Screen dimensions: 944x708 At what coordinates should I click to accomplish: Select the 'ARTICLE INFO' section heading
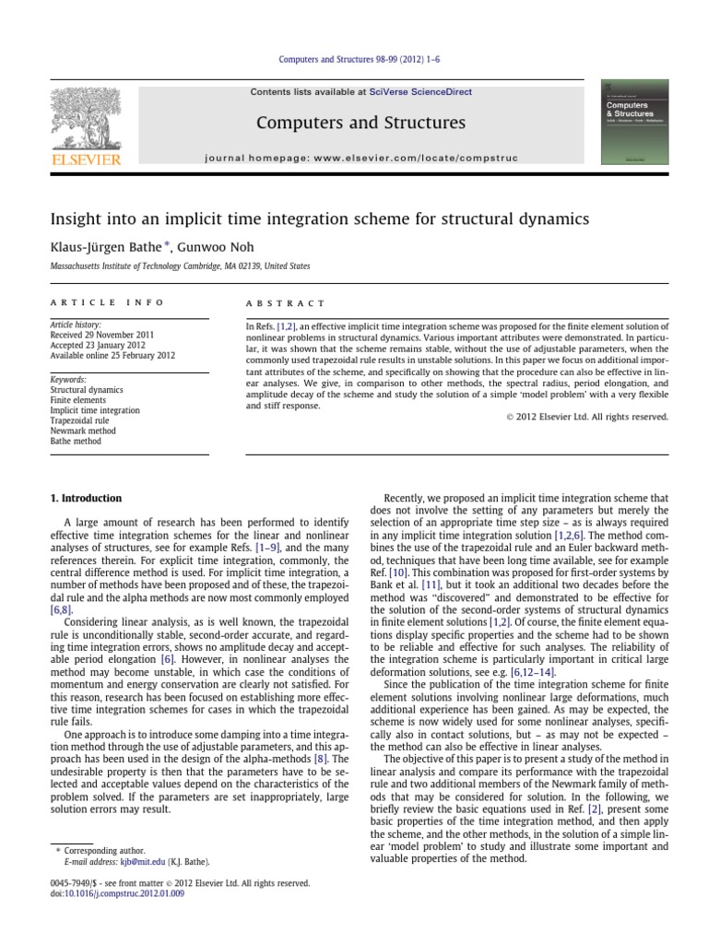pyautogui.click(x=106, y=302)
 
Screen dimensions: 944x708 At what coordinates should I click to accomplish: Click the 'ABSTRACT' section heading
pyautogui.click(x=285, y=302)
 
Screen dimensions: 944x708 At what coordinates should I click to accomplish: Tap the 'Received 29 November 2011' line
pyautogui.click(x=102, y=334)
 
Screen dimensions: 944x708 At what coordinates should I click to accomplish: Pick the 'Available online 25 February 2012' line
pyautogui.click(x=112, y=356)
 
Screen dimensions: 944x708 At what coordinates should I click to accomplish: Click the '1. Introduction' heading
pyautogui.click(x=85, y=499)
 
